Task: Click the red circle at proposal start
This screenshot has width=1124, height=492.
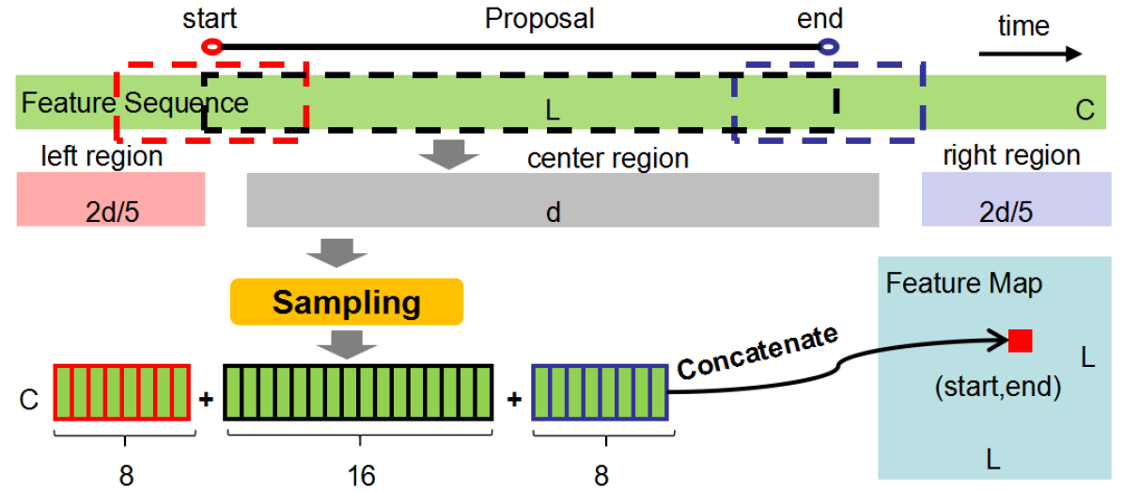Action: click(211, 45)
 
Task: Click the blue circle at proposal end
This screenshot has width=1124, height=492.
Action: click(828, 45)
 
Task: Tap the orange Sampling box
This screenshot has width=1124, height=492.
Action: click(347, 302)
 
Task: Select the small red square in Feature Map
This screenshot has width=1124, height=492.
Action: click(1020, 341)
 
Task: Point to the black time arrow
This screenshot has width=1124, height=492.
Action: click(1030, 54)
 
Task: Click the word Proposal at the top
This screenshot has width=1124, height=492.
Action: click(539, 18)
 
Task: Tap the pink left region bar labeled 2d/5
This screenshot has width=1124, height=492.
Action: click(110, 199)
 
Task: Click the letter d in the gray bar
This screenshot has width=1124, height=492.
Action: click(554, 213)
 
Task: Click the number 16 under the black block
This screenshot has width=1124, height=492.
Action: click(360, 476)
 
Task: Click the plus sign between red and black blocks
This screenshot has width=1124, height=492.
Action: click(206, 399)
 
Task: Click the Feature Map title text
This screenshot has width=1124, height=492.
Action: click(963, 283)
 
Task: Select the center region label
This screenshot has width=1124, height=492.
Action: click(608, 158)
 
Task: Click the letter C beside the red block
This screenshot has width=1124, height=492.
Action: click(29, 400)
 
